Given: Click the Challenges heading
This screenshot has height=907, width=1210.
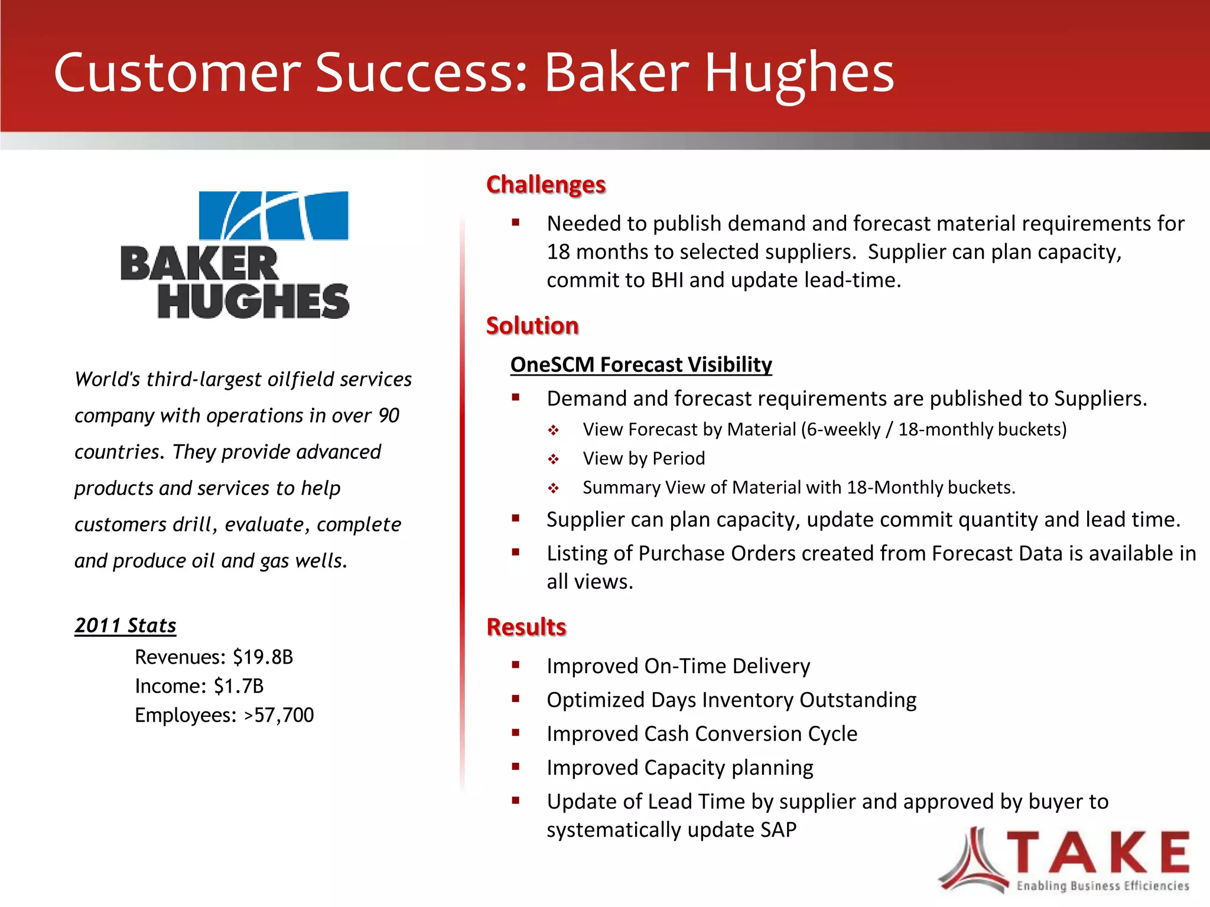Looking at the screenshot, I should [545, 185].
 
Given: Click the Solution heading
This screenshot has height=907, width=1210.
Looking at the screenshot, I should [532, 326].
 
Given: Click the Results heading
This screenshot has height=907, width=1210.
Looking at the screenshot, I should [526, 627].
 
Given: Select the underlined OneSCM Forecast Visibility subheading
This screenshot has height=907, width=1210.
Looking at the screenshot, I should [640, 364].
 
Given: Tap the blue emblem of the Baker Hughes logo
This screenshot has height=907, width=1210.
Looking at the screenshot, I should [274, 216].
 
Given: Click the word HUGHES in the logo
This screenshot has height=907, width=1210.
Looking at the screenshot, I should [253, 301].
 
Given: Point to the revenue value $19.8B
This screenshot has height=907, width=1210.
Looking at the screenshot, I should [263, 657].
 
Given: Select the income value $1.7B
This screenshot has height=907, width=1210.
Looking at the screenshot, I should [239, 686].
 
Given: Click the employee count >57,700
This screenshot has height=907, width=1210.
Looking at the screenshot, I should [279, 715].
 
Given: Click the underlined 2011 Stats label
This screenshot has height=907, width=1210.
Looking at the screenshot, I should [125, 625].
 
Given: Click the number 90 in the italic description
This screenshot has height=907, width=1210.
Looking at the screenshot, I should [389, 416].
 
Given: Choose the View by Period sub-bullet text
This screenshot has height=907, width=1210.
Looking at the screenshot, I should [643, 458].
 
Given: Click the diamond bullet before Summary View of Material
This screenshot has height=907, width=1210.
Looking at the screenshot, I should [553, 488].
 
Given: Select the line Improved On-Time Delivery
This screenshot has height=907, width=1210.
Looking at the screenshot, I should [678, 666].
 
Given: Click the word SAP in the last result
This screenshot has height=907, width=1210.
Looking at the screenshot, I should [778, 830].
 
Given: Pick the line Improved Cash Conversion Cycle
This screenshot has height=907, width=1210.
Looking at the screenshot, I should [701, 734].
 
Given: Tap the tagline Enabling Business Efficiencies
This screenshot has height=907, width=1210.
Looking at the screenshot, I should [1102, 886].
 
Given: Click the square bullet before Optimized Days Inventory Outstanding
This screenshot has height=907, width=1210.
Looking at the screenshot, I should [516, 699].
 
